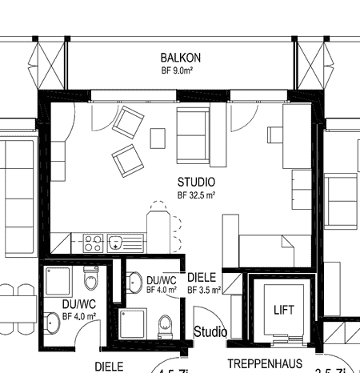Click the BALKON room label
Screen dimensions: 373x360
click(x=179, y=58)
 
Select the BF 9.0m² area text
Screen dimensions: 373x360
click(x=179, y=70)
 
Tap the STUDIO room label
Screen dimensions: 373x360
click(x=195, y=182)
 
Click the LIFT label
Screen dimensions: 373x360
click(x=284, y=309)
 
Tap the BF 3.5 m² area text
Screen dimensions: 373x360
click(x=204, y=290)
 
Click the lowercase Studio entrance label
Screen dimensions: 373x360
click(x=211, y=331)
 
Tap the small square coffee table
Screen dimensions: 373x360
click(x=158, y=138)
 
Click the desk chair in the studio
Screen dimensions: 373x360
click(x=274, y=136)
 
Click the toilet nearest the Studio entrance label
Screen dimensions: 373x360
click(x=166, y=324)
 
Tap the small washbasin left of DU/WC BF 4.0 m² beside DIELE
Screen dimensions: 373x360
click(x=131, y=281)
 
